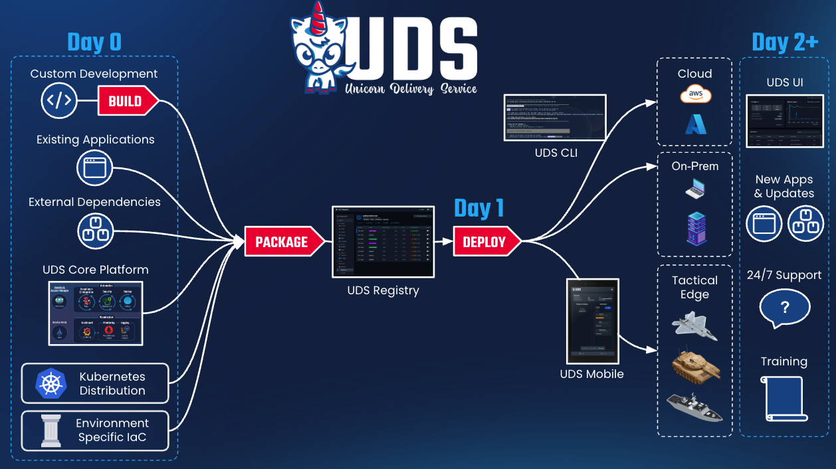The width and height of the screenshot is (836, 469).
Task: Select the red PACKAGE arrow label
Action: click(282, 242)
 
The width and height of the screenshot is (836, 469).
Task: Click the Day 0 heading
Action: click(94, 43)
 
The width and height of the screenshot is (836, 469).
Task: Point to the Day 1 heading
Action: click(478, 209)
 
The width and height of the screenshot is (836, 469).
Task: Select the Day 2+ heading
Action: click(784, 43)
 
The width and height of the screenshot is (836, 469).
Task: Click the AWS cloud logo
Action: click(695, 95)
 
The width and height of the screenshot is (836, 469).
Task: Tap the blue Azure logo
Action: click(695, 124)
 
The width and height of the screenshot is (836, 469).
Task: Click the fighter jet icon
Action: click(694, 326)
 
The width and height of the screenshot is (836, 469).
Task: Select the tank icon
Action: click(695, 365)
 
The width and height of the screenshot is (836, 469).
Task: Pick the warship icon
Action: click(694, 407)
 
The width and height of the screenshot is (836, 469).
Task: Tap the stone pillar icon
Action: click(51, 430)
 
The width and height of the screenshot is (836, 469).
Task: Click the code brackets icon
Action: click(58, 101)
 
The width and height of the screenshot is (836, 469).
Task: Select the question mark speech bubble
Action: click(784, 308)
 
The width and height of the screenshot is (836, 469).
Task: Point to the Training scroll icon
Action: click(784, 399)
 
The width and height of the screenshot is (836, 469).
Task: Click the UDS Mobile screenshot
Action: click(591, 321)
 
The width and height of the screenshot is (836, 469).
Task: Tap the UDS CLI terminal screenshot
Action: click(556, 118)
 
